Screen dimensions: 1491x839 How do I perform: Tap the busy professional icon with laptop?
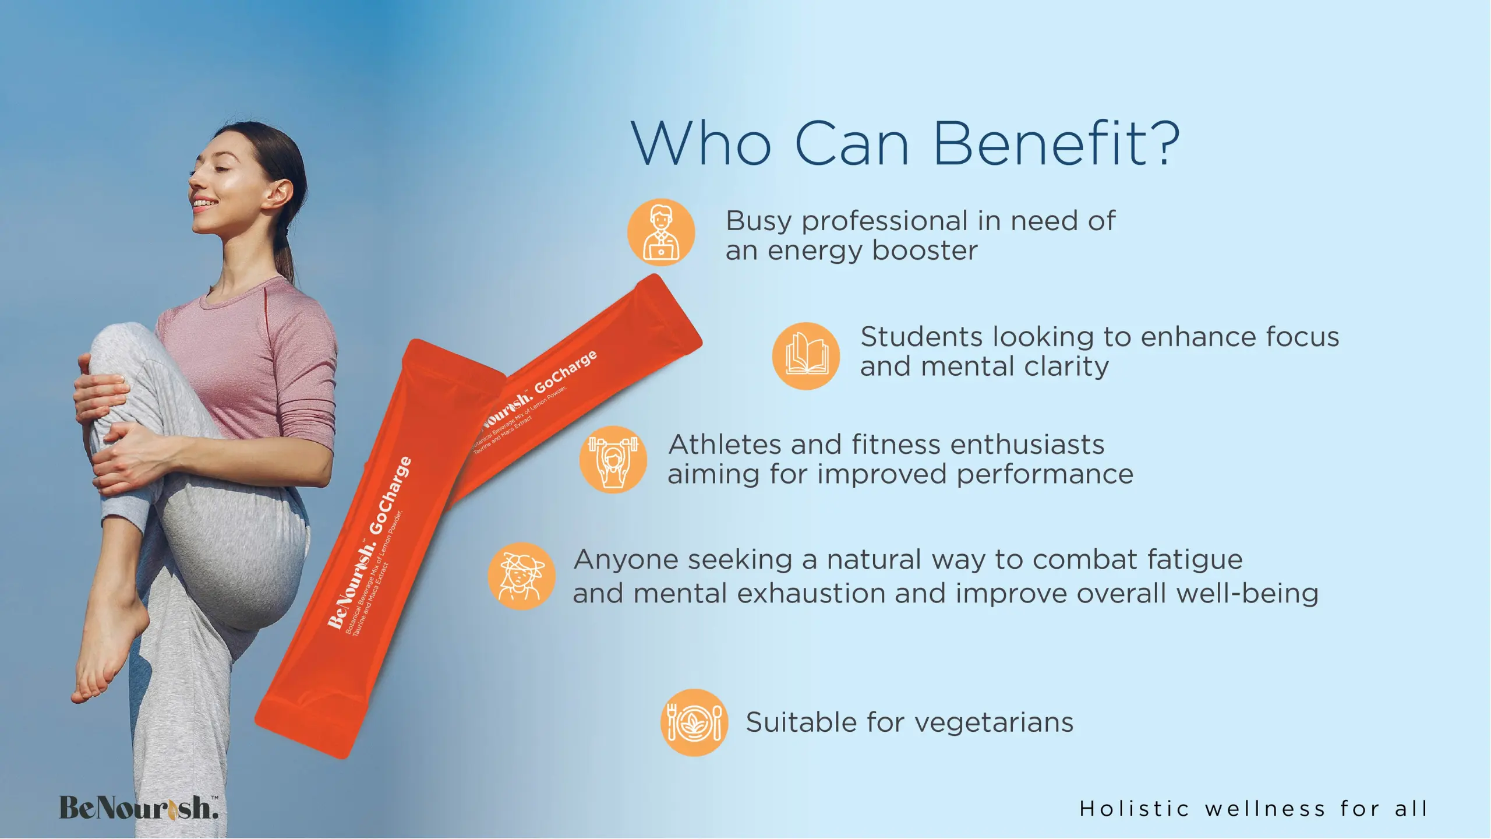661,232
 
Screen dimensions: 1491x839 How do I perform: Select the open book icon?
806,355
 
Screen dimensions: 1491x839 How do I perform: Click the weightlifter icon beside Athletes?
613,459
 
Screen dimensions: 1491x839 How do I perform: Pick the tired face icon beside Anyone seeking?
522,576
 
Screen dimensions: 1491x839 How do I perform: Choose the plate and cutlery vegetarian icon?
694,722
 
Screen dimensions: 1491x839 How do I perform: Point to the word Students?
922,337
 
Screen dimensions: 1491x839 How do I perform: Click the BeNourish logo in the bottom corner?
139,808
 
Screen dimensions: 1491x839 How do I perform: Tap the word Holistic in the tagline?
1134,809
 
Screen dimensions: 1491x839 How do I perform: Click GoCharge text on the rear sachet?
566,371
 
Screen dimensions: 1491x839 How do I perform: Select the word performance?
1045,475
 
